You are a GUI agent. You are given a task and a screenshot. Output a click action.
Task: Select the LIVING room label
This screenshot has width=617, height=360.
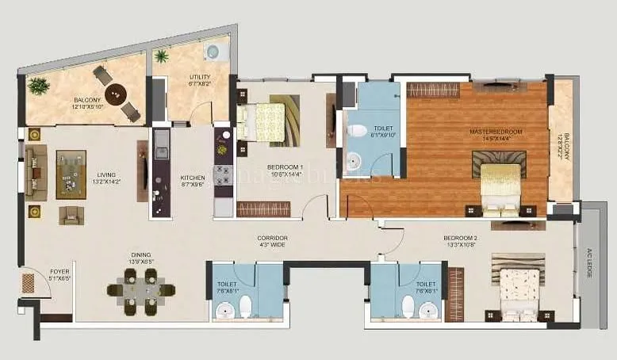106,177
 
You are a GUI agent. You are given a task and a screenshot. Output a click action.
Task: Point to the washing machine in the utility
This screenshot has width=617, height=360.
213,52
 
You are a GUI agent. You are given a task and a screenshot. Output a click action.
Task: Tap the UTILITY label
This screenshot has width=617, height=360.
200,77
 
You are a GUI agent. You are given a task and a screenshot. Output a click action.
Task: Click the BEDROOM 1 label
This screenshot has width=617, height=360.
282,171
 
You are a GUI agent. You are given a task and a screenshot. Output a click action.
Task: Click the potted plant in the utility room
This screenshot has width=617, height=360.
163,56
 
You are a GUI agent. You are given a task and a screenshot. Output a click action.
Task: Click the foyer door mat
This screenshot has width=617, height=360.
28,283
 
